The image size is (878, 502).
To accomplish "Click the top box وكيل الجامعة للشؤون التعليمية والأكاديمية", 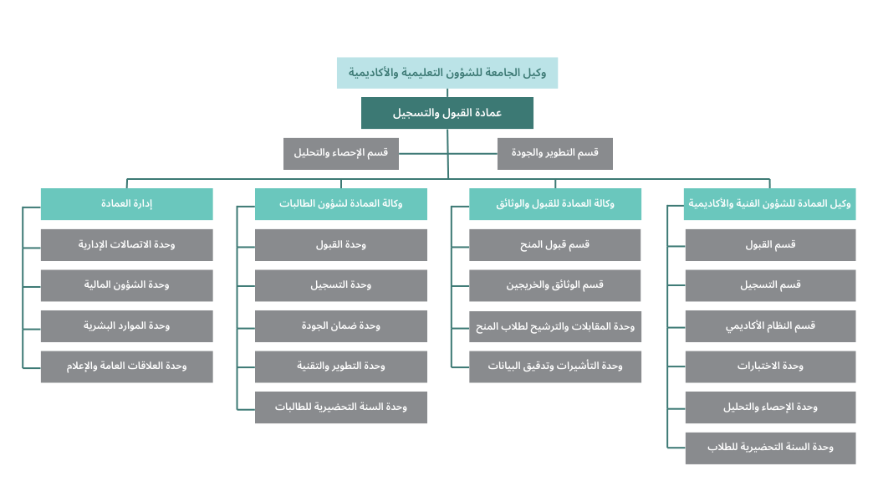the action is [x=447, y=73].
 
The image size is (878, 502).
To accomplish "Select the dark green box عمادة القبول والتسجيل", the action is [x=447, y=113].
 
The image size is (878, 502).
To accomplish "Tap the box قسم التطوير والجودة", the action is [x=555, y=153].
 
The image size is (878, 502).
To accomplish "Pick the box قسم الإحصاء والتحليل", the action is [x=341, y=153].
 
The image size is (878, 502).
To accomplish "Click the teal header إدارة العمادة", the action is [x=126, y=204].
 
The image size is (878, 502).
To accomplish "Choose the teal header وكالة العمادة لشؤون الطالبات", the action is [x=341, y=204].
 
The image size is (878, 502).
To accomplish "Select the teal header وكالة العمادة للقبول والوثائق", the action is [x=555, y=204].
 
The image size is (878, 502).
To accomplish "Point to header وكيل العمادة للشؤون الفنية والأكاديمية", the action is [x=770, y=204].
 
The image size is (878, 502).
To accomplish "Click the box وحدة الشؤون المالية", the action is [x=126, y=286].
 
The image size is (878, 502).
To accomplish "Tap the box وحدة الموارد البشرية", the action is [x=126, y=326].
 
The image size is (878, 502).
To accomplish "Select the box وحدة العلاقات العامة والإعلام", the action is [x=126, y=367].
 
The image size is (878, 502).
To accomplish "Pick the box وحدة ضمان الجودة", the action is [x=341, y=326].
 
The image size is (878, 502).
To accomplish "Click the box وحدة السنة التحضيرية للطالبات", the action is [x=341, y=407].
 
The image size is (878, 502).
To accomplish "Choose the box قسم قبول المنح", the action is [x=555, y=245].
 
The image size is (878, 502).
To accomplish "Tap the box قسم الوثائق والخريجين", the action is [x=555, y=286].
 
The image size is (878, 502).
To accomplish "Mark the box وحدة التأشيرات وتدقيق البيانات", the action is [x=555, y=367].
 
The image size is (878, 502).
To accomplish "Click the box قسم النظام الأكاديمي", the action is [x=770, y=326].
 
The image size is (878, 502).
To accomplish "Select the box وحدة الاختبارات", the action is [x=770, y=367].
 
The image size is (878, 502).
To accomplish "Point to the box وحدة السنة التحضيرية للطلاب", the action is [x=770, y=448].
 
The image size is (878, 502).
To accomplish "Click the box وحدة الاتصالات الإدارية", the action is [x=126, y=245].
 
